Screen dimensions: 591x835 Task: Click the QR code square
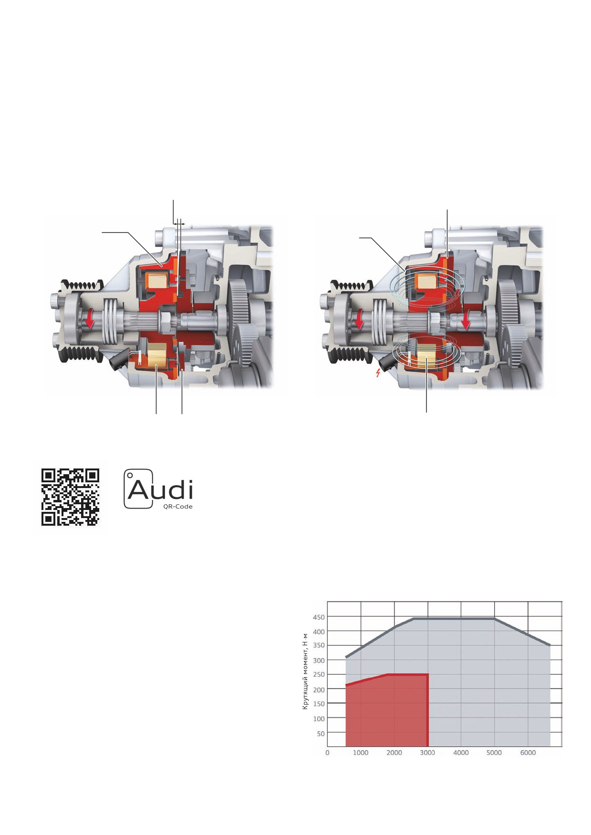click(x=70, y=497)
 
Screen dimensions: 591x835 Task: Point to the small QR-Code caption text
click(x=178, y=506)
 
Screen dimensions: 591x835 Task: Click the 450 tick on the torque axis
click(x=319, y=617)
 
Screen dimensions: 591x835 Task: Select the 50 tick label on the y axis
click(x=321, y=733)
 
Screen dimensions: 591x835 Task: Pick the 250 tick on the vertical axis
click(x=319, y=674)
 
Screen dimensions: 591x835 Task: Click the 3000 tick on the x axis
click(x=427, y=753)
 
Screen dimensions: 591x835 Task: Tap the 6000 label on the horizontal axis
click(x=528, y=753)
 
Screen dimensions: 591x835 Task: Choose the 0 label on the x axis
click(x=327, y=753)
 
